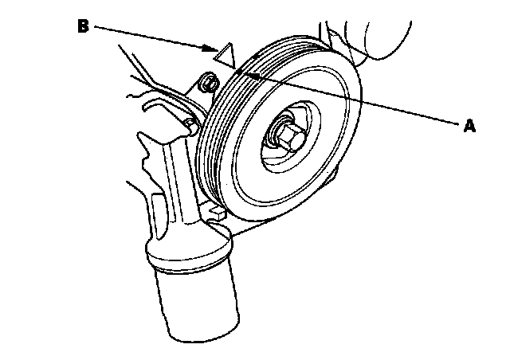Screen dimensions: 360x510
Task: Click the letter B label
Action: pos(83,26)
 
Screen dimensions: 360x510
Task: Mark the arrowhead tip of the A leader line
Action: pos(244,72)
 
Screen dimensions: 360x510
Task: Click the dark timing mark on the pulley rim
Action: pos(242,72)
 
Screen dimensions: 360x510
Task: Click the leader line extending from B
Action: pos(151,38)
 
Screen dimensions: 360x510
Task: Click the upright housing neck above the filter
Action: pos(171,191)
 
